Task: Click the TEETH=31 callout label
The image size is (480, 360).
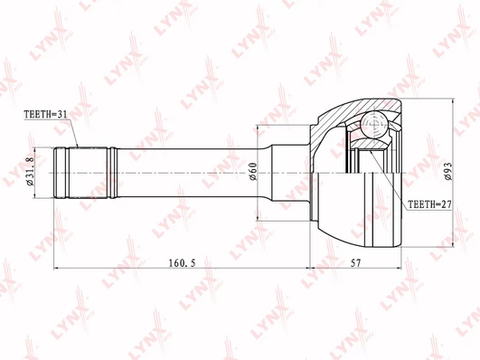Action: point(45,114)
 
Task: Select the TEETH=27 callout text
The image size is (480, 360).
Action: point(430,204)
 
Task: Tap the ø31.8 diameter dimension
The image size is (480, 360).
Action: point(30,172)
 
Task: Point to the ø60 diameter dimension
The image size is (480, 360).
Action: point(253,172)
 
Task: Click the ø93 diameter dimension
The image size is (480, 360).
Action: point(448,171)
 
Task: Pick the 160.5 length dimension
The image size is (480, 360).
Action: point(182,263)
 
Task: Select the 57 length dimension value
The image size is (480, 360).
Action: point(355,263)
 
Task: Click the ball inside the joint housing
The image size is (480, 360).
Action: point(375,124)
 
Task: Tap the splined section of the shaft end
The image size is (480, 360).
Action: point(88,173)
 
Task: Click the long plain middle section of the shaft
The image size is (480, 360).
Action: point(190,173)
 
